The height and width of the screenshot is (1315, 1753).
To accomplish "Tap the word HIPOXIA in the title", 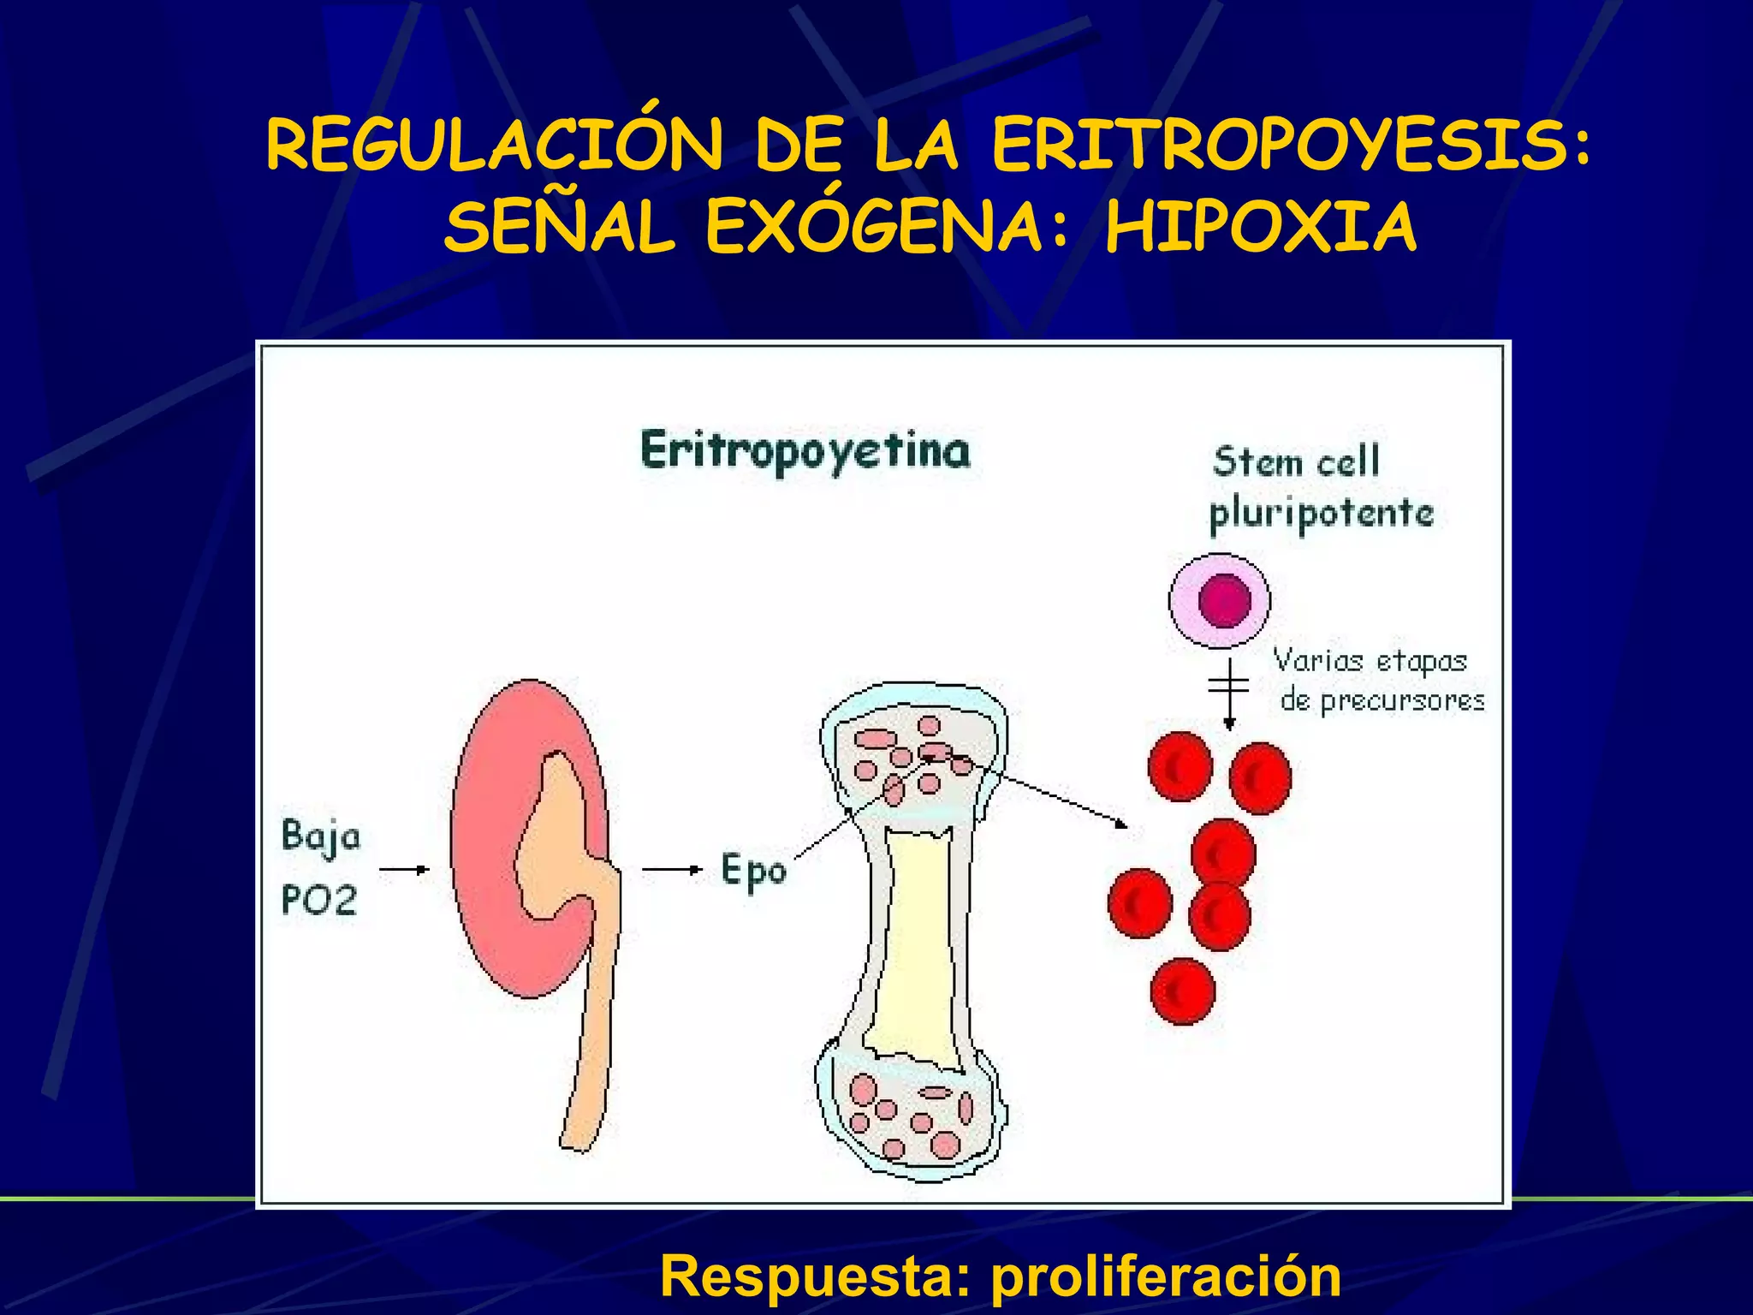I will (1261, 229).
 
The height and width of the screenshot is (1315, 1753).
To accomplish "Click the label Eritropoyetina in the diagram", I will (805, 452).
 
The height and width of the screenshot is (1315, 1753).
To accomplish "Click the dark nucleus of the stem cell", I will (1224, 600).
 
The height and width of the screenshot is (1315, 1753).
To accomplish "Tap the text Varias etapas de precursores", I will (1378, 681).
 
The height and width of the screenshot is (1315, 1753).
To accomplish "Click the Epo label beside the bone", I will (753, 872).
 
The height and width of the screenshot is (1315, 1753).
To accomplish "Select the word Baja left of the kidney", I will (321, 837).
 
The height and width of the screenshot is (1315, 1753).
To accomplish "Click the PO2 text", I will (318, 901).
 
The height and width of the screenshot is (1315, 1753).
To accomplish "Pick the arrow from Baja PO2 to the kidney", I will (404, 870).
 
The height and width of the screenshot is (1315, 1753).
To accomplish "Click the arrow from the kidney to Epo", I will (672, 870).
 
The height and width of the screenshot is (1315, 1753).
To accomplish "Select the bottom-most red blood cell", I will (1183, 991).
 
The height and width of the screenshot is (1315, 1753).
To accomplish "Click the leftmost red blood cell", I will (1139, 903).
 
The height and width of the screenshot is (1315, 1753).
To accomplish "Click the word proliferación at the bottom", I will (1166, 1276).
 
